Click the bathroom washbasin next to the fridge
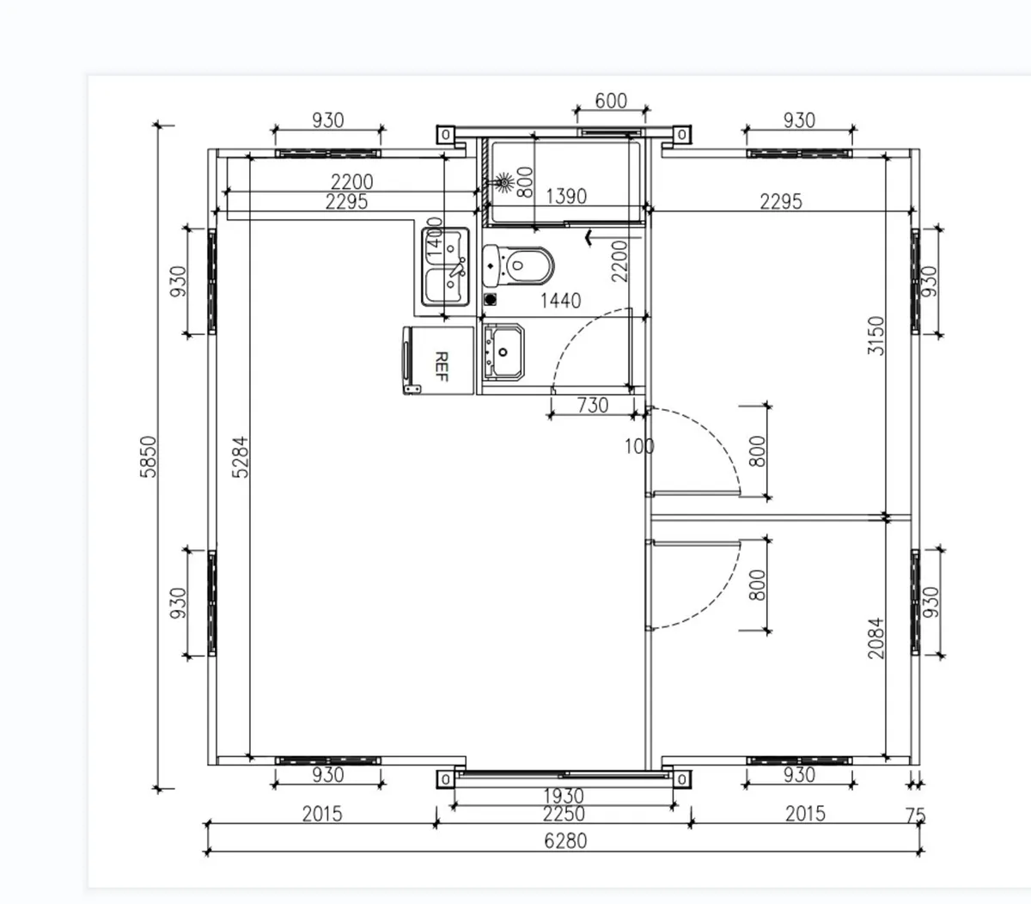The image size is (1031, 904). pyautogui.click(x=503, y=351)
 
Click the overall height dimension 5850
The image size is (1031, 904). pyautogui.click(x=149, y=457)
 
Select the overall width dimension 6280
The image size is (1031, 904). pyautogui.click(x=565, y=840)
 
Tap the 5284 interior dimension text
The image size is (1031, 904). pyautogui.click(x=241, y=457)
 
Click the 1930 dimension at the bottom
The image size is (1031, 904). pyautogui.click(x=564, y=797)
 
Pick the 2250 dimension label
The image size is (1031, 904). pyautogui.click(x=564, y=813)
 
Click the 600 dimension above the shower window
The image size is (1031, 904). pyautogui.click(x=611, y=101)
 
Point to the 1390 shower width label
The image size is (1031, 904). pyautogui.click(x=566, y=196)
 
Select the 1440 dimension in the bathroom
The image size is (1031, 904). pyautogui.click(x=560, y=300)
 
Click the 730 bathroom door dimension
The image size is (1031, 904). pyautogui.click(x=593, y=405)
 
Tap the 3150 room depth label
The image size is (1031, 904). pyautogui.click(x=875, y=337)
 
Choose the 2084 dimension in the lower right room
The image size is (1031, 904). pyautogui.click(x=875, y=638)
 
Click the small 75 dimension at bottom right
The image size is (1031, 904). pyautogui.click(x=916, y=814)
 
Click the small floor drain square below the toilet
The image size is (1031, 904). pyautogui.click(x=491, y=300)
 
